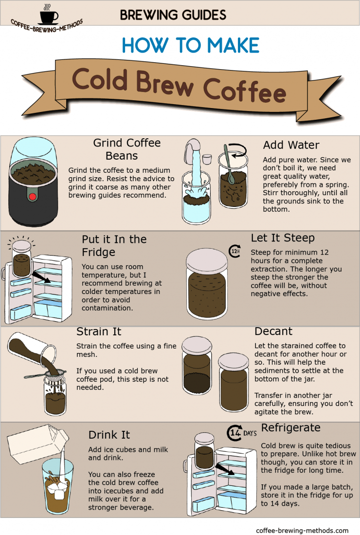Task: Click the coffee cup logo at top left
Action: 47,15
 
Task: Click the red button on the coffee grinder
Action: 33,196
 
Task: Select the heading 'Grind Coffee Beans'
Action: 126,149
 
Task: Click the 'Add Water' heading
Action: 291,145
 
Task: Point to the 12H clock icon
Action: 235,251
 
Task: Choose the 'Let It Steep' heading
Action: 283,238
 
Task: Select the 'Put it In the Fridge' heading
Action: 114,246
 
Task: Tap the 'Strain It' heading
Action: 99,332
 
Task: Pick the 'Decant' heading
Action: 273,332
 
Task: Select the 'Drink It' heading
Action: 109,435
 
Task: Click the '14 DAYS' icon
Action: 241,432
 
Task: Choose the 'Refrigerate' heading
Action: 290,428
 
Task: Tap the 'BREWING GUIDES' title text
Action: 173,15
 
